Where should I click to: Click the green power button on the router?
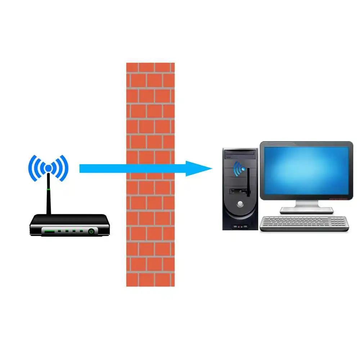pyautogui.click(x=91, y=231)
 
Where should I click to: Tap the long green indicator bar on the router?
pyautogui.click(x=49, y=231)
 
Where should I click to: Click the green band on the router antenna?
pyautogui.click(x=48, y=188)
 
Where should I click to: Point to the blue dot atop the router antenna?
pyautogui.click(x=48, y=168)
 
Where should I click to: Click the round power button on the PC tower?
pyautogui.click(x=240, y=204)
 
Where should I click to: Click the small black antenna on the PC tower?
pyautogui.click(x=248, y=182)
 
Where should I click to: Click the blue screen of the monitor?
pyautogui.click(x=306, y=169)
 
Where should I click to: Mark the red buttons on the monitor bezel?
pyautogui.click(x=338, y=198)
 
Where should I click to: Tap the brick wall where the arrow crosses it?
pyautogui.click(x=150, y=168)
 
